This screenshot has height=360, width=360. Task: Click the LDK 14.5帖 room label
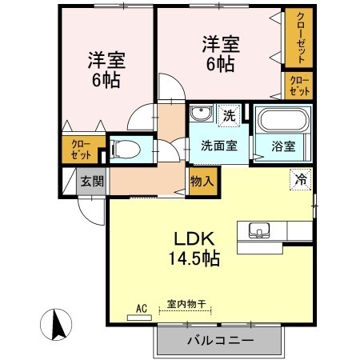tap(192, 249)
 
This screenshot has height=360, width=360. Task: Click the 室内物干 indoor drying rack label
tap(186, 306)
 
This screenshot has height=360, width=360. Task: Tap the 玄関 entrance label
tap(91, 181)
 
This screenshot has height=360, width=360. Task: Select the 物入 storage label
tap(202, 182)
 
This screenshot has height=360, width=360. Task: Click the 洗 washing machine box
tap(230, 115)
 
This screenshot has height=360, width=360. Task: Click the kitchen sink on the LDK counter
tap(261, 230)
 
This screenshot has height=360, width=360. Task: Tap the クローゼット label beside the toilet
tap(82, 149)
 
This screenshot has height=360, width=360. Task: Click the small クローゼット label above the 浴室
tap(298, 86)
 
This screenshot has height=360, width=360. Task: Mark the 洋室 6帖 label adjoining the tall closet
tap(218, 53)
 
